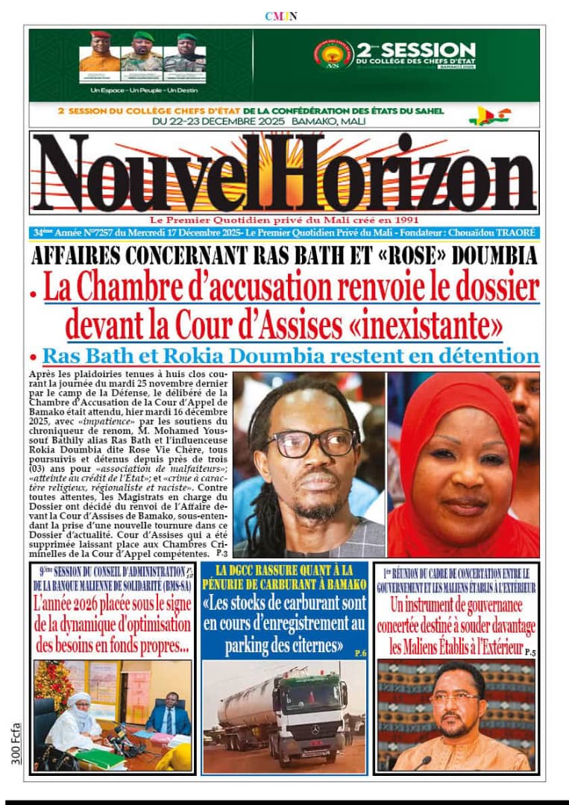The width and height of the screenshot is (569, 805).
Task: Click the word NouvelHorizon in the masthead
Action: (283, 174)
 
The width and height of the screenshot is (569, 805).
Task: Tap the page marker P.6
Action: (360, 653)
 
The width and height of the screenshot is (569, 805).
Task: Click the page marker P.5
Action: (530, 652)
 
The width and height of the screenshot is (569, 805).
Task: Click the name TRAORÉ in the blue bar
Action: (514, 233)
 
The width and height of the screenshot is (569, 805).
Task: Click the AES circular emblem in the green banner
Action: (333, 54)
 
